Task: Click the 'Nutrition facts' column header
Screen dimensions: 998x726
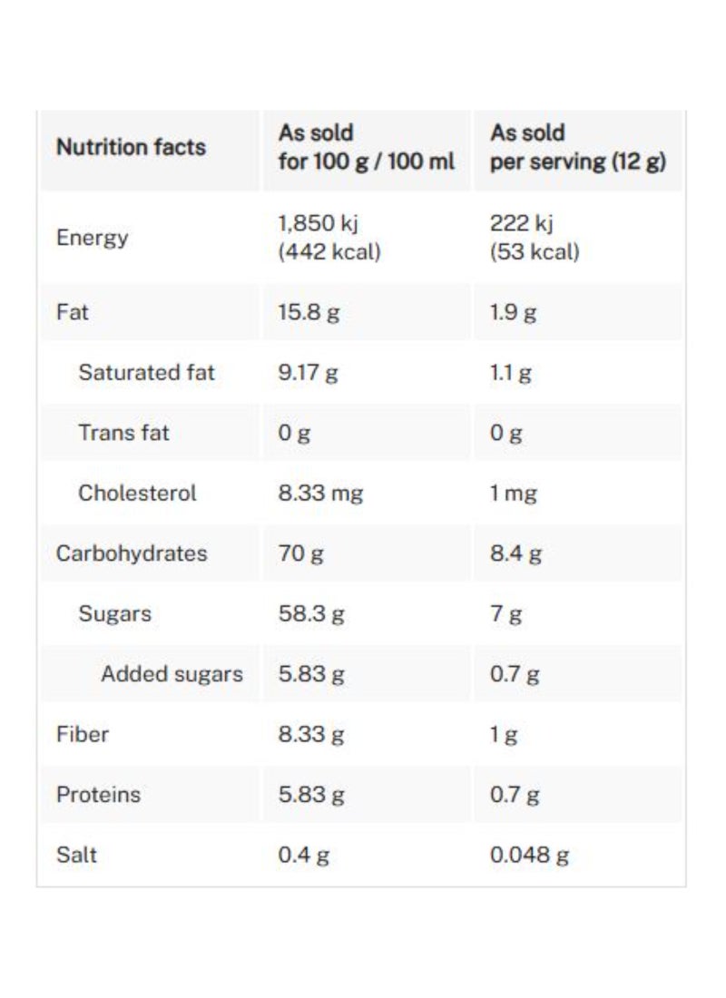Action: (131, 147)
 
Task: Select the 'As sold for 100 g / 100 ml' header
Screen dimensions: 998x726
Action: (367, 147)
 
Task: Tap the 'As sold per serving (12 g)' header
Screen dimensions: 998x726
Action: (578, 147)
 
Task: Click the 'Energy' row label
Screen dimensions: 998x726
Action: (92, 238)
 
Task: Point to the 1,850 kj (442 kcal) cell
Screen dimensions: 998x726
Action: (329, 238)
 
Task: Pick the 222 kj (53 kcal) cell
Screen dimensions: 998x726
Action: (535, 238)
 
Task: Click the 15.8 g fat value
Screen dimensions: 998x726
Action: (309, 312)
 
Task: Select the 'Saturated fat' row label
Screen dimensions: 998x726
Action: (146, 372)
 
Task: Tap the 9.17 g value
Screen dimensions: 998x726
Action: (308, 372)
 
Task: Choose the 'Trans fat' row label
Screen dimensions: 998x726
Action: (123, 433)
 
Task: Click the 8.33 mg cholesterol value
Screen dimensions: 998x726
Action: (320, 494)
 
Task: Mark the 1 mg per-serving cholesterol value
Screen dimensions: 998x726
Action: (514, 494)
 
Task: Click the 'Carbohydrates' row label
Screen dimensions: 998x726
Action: (132, 553)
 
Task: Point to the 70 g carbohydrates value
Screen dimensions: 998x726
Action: (300, 553)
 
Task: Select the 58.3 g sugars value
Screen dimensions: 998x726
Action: (311, 613)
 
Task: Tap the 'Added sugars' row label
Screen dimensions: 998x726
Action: (172, 674)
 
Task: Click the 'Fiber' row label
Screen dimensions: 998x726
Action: (83, 734)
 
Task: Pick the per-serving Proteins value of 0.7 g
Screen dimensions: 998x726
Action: (515, 795)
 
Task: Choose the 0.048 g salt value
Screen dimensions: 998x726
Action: (529, 855)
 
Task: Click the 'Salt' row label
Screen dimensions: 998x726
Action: (76, 855)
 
